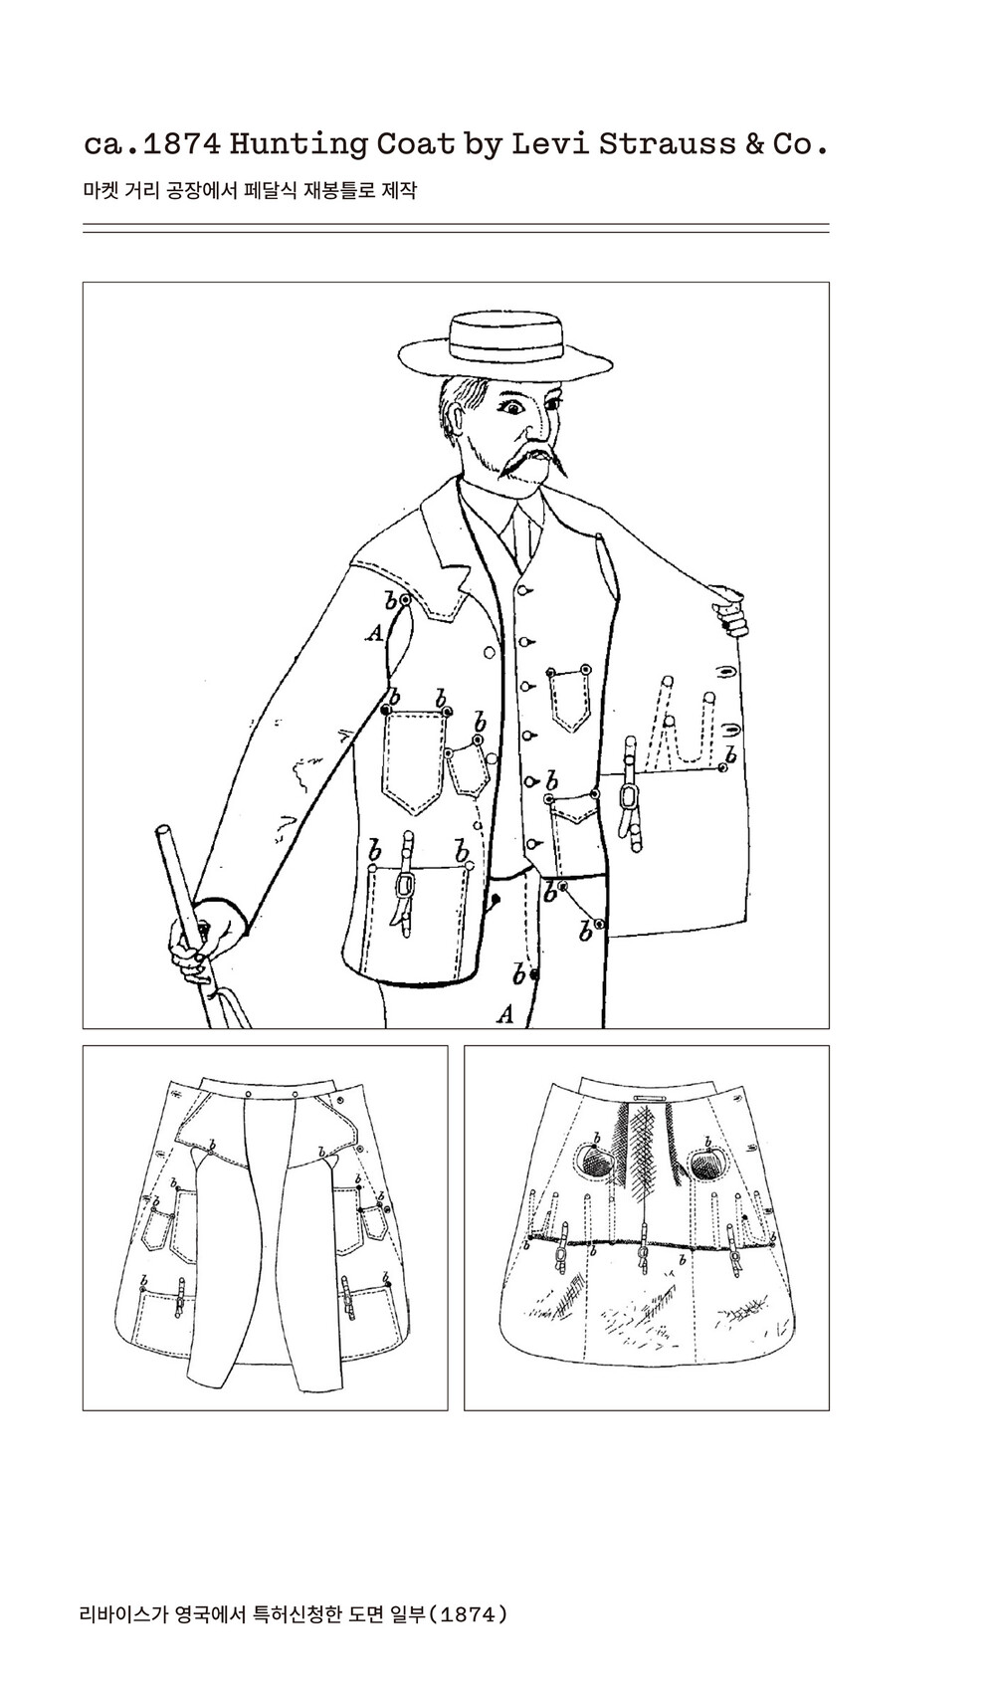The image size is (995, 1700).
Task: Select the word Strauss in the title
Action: tap(667, 143)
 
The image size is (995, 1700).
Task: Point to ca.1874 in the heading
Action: tap(152, 144)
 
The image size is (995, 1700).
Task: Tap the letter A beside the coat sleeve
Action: tap(375, 631)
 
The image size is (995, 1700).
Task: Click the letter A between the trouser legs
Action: tap(505, 1014)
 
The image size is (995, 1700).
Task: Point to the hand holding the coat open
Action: tap(728, 607)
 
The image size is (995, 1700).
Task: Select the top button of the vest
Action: tap(523, 589)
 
